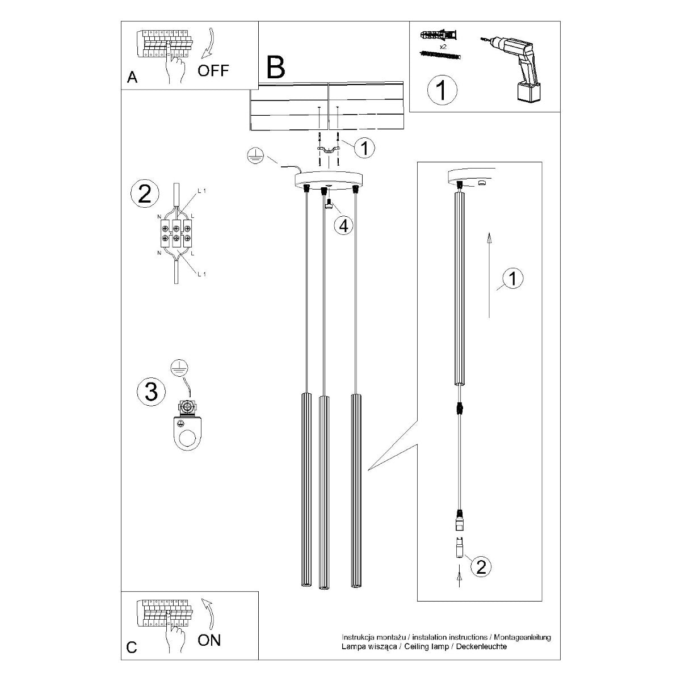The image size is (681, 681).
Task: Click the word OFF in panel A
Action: (x=213, y=70)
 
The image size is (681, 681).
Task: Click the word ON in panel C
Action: (x=209, y=641)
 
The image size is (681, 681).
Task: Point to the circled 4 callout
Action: (x=343, y=225)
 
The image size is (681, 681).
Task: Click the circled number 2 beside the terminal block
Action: (x=145, y=195)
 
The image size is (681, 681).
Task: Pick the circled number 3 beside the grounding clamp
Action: (x=151, y=392)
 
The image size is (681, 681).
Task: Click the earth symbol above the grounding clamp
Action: (x=180, y=369)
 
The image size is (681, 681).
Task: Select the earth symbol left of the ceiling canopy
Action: (x=255, y=157)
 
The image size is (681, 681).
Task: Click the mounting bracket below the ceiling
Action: (x=329, y=150)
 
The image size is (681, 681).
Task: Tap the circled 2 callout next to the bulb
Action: (x=481, y=567)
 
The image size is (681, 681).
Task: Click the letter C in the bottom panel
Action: (x=132, y=649)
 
